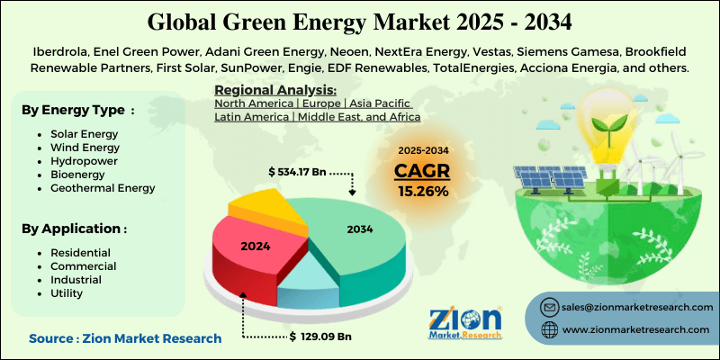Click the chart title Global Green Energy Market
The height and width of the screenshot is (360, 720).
click(359, 19)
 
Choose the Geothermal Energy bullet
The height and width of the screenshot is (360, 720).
click(96, 188)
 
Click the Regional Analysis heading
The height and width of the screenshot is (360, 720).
click(274, 90)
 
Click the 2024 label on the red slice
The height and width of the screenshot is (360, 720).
click(255, 244)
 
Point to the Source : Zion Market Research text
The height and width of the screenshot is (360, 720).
click(124, 338)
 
